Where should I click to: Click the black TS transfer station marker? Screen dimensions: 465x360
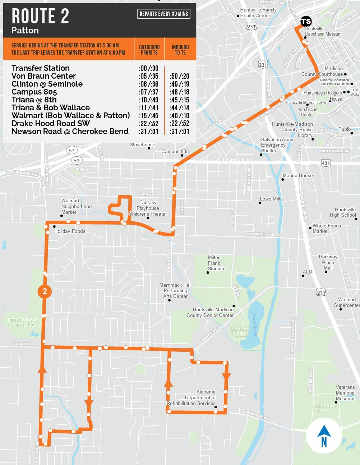[306, 22]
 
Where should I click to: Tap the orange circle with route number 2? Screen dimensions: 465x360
[45, 291]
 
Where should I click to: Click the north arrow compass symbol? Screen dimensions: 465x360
[324, 436]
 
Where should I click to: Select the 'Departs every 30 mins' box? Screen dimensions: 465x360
[164, 14]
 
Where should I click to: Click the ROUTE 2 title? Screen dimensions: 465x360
[40, 17]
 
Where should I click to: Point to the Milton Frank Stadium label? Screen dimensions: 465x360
[216, 263]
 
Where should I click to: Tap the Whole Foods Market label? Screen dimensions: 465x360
[326, 229]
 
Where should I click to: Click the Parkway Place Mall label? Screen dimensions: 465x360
[328, 262]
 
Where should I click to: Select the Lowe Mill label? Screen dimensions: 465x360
[270, 199]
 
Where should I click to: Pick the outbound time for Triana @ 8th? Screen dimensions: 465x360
[149, 100]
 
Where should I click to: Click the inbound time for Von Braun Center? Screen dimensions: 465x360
[180, 76]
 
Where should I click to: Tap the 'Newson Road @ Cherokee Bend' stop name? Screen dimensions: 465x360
[70, 132]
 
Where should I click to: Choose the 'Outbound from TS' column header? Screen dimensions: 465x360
[149, 50]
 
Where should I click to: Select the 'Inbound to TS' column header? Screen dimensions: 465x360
[180, 50]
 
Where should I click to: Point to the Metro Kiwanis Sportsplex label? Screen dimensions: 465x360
[22, 322]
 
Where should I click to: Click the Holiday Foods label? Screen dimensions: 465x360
[70, 231]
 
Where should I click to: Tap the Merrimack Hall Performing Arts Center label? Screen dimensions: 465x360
[175, 290]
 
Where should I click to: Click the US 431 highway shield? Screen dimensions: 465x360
[326, 163]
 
